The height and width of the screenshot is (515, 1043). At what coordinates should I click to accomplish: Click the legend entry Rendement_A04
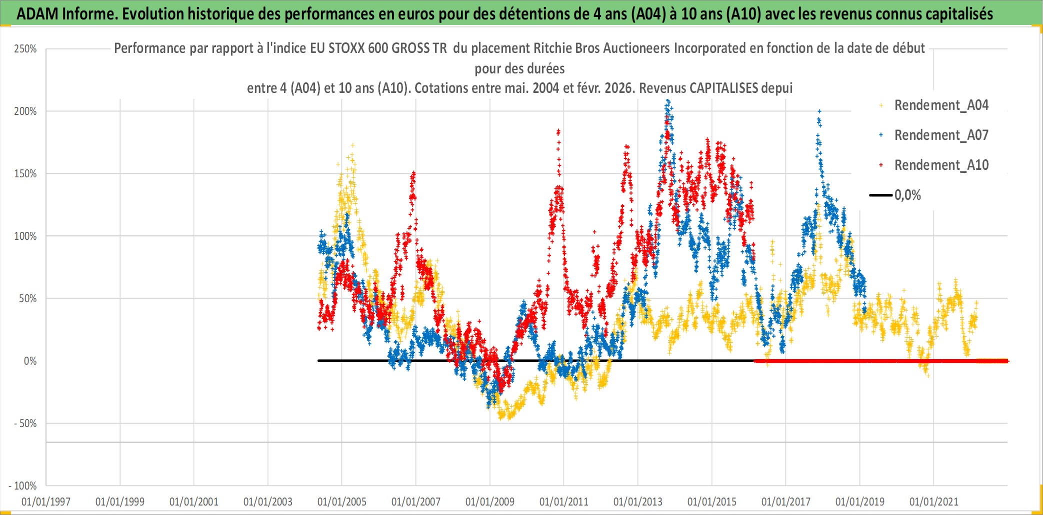[x=940, y=105]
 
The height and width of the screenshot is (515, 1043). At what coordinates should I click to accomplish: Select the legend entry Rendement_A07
[x=940, y=135]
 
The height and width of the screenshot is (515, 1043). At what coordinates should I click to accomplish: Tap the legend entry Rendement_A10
[x=940, y=165]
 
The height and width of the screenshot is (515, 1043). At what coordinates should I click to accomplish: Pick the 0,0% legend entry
[x=907, y=195]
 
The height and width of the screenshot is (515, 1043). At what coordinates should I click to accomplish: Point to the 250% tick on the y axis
[x=25, y=49]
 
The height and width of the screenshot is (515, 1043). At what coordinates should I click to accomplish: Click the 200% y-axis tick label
[x=25, y=111]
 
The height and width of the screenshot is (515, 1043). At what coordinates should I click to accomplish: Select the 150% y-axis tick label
[x=25, y=174]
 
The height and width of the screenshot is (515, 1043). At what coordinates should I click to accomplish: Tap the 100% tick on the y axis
[x=25, y=236]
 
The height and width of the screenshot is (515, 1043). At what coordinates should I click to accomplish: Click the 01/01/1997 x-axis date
[x=46, y=502]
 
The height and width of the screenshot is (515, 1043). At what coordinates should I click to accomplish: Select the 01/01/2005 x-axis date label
[x=342, y=502]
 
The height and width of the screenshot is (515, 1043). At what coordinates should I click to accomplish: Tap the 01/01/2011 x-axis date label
[x=564, y=502]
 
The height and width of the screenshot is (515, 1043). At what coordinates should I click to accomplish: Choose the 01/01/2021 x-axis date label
[x=934, y=502]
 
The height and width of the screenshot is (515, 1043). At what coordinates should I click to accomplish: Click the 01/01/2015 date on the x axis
[x=712, y=502]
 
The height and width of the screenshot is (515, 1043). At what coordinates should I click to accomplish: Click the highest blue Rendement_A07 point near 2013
[x=667, y=101]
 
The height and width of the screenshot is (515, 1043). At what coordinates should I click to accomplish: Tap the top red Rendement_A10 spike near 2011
[x=558, y=131]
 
